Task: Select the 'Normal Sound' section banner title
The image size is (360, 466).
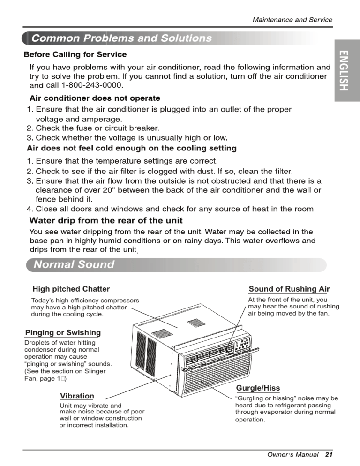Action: pyautogui.click(x=74, y=264)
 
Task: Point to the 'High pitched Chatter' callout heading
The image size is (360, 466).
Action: pyautogui.click(x=71, y=289)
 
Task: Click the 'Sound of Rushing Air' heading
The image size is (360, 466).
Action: pyautogui.click(x=289, y=289)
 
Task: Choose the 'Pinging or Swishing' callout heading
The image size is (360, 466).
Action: pyautogui.click(x=63, y=332)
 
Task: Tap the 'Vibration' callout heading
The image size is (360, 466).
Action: pyautogui.click(x=77, y=396)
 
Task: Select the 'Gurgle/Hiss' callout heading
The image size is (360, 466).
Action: pyautogui.click(x=258, y=388)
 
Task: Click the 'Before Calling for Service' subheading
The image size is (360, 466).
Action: pyautogui.click(x=75, y=55)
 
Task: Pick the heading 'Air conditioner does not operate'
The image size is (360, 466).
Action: pyautogui.click(x=95, y=98)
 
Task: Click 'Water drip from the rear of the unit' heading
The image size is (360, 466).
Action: pyautogui.click(x=106, y=220)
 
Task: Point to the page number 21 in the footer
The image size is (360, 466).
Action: pyautogui.click(x=328, y=455)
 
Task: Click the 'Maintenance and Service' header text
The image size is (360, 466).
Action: pyautogui.click(x=292, y=20)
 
